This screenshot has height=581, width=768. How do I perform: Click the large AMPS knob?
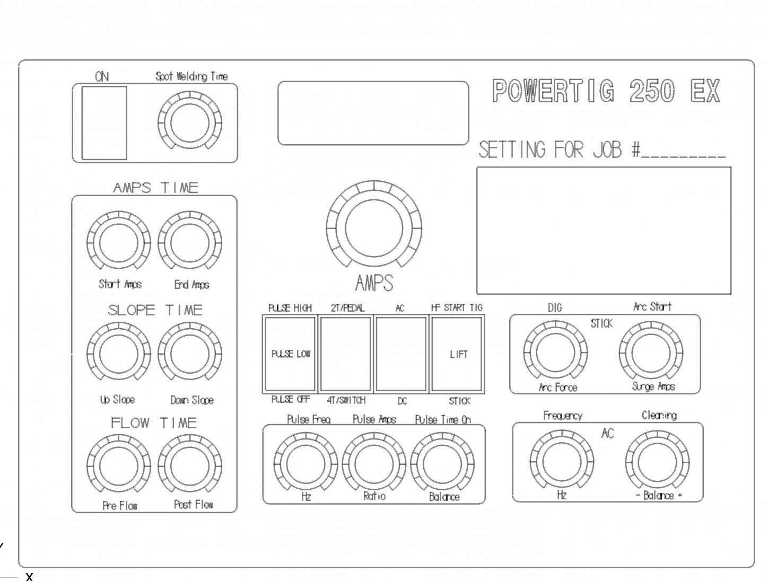pos(374,228)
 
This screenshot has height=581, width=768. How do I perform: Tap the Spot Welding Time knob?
pos(190,123)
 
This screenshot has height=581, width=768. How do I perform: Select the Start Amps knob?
pos(119,243)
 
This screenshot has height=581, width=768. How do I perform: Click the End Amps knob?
pos(190,243)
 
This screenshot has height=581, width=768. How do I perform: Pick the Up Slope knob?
pos(119,354)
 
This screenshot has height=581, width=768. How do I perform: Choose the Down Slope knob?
pos(190,354)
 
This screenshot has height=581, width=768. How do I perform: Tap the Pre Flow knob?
pos(119,466)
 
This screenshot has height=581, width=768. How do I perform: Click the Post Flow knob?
pos(190,466)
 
